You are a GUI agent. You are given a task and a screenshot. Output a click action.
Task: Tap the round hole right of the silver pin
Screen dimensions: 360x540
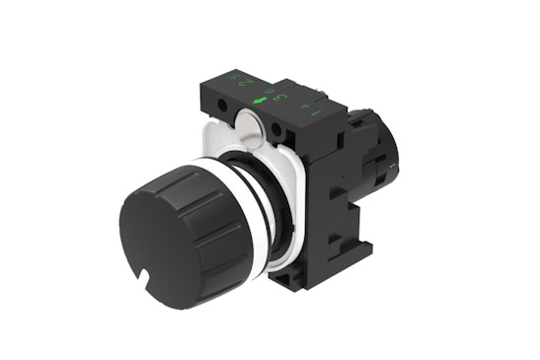click(278, 128)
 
